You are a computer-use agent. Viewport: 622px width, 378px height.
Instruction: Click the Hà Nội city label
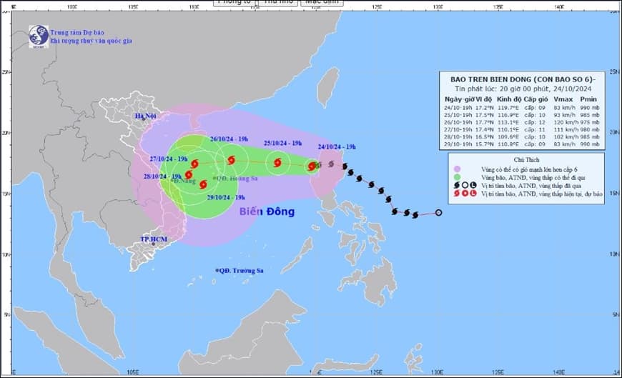click(x=146, y=116)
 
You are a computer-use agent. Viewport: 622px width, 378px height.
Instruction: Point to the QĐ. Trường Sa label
click(x=245, y=270)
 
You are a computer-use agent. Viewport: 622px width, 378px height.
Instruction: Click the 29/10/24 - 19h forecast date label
click(x=225, y=197)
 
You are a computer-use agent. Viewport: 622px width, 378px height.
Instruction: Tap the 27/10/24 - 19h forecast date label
click(x=168, y=159)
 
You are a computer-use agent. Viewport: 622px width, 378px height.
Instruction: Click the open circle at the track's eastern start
click(x=438, y=212)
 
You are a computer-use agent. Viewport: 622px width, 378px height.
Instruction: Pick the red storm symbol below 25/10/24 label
click(x=277, y=163)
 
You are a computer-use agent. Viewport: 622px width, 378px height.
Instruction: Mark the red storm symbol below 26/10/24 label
click(x=230, y=160)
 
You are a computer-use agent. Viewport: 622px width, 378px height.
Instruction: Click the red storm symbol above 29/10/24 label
click(x=203, y=184)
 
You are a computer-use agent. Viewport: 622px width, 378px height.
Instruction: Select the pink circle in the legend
click(x=458, y=168)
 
